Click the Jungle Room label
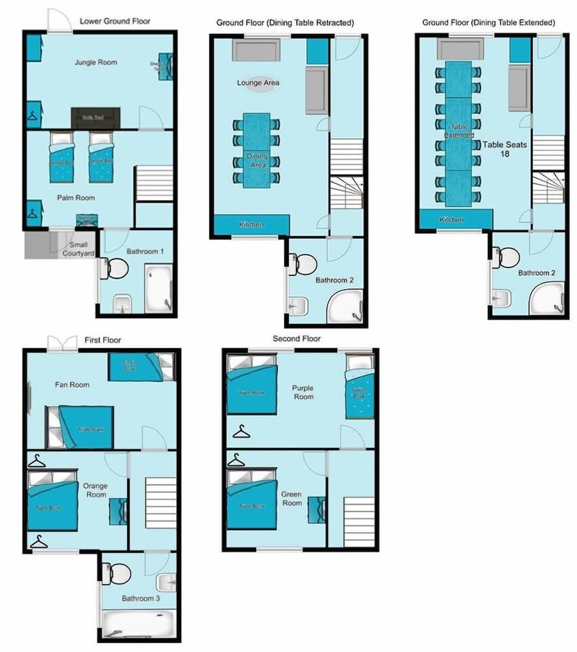96,63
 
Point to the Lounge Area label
258,83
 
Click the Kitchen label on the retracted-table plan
251,225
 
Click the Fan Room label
72,385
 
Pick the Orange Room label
95,490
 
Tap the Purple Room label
303,392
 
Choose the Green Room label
291,499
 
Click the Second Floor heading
297,339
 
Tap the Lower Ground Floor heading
115,21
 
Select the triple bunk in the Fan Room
85,428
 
